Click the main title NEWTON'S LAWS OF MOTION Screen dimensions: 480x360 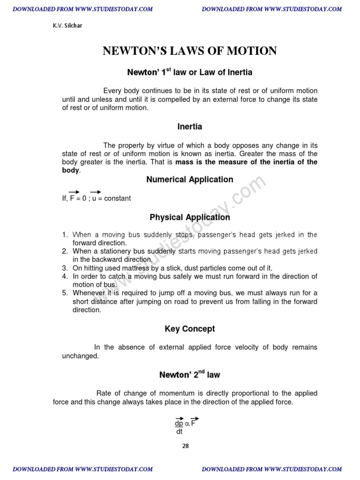[189, 51]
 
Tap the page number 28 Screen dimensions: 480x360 [185, 446]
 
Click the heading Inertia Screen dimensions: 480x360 [189, 127]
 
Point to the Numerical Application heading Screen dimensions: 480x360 [189, 180]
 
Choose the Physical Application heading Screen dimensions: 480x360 [189, 217]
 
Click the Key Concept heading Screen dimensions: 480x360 [189, 329]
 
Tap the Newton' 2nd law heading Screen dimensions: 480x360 [189, 374]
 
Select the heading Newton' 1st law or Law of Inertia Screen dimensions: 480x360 [189, 72]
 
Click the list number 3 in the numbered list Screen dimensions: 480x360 [65, 268]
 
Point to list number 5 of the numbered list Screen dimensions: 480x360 [65, 293]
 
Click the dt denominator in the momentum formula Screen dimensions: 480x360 [180, 432]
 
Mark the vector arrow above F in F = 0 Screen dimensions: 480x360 [74, 192]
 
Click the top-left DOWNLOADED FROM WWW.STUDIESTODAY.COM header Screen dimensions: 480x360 [82, 9]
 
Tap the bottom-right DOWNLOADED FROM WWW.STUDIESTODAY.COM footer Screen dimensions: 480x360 [272, 469]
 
